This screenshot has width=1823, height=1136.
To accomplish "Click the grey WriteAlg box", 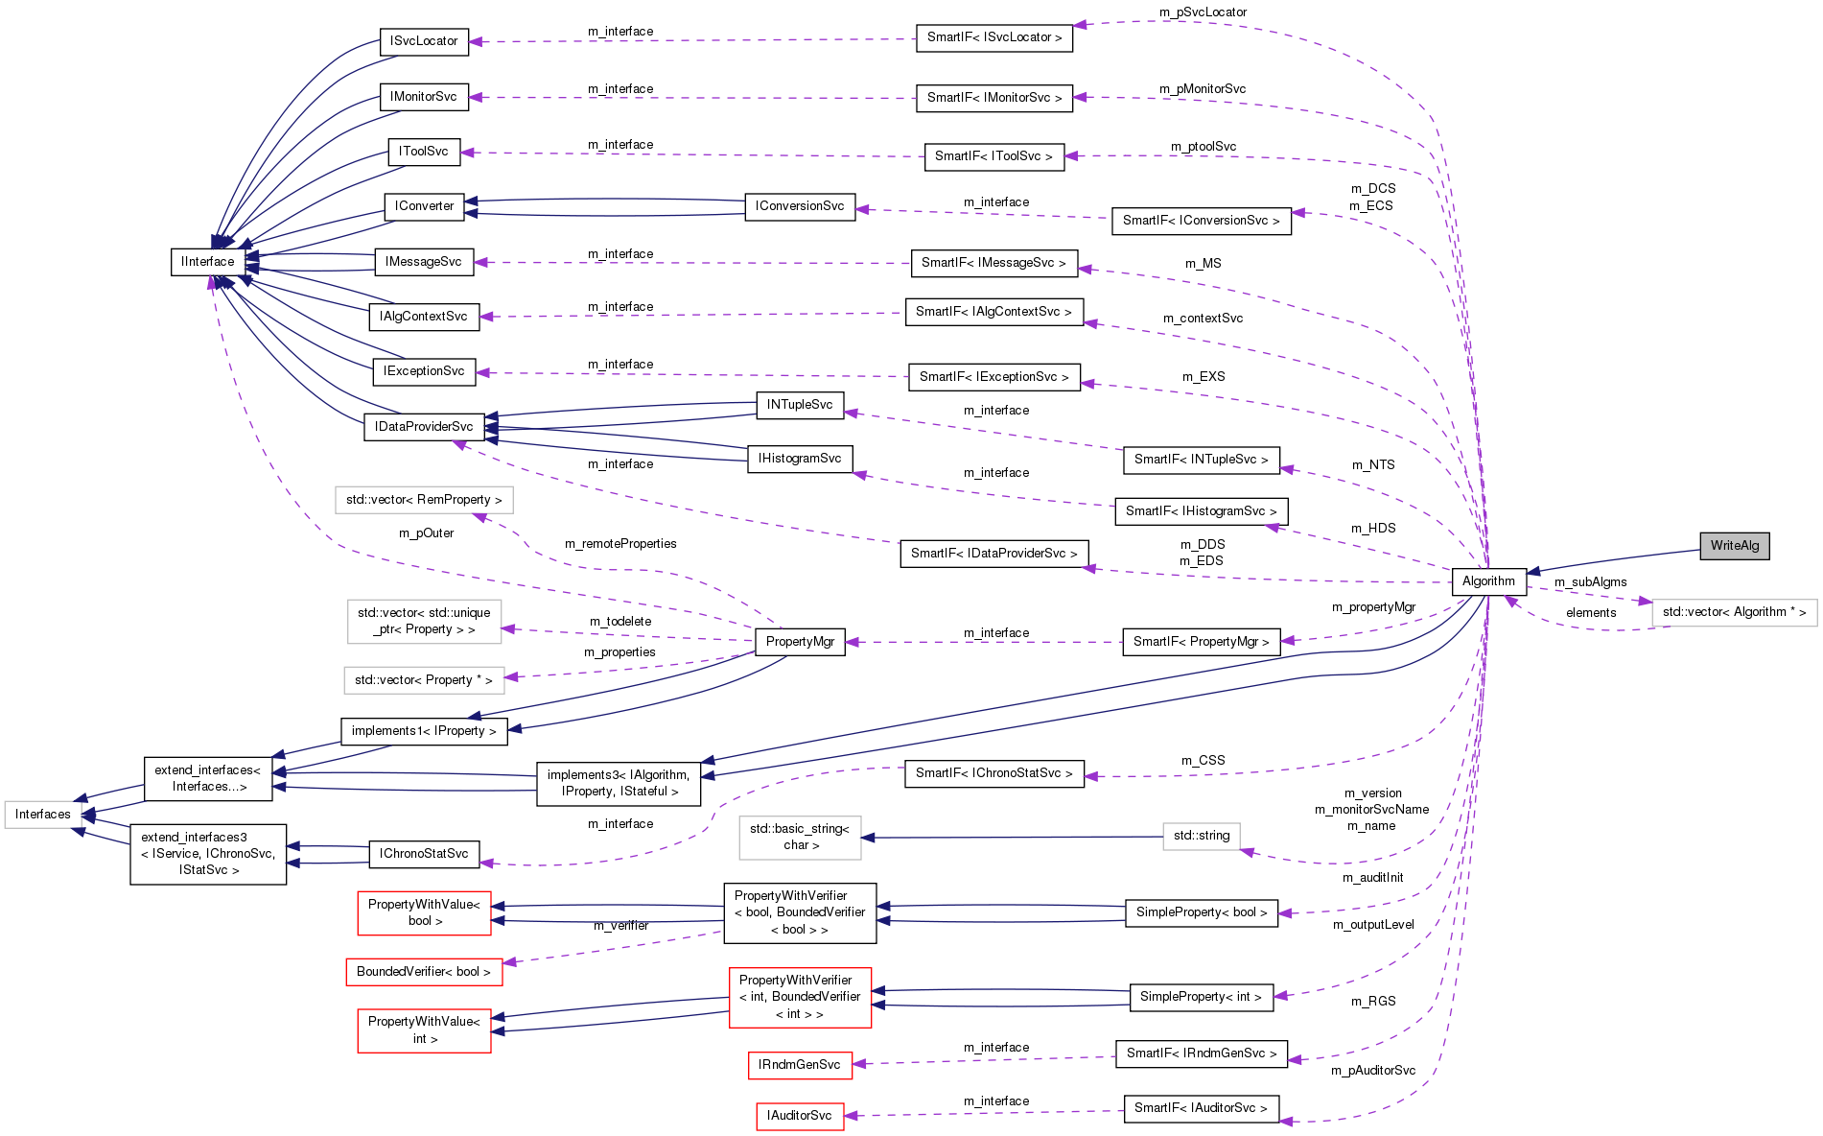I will [1734, 546].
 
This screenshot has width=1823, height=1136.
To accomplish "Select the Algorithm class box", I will [1488, 581].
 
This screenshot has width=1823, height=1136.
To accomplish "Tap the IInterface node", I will [207, 262].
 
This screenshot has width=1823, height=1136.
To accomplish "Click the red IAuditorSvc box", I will [799, 1116].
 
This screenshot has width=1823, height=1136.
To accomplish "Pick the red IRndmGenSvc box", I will [799, 1065].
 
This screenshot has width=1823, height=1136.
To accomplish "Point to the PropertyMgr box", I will [800, 642].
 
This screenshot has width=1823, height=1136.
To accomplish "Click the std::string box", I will [1201, 836].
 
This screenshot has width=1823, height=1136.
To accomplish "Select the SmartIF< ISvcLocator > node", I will [993, 37].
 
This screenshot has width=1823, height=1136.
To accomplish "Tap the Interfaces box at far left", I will [43, 815].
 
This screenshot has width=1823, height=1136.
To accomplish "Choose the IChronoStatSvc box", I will [424, 854].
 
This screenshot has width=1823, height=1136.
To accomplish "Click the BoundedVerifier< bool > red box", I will [423, 972].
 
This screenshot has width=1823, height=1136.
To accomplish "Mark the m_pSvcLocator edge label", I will [1203, 12].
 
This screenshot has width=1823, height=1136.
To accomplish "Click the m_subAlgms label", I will [1590, 582].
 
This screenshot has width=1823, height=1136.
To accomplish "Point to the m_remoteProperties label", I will [620, 544].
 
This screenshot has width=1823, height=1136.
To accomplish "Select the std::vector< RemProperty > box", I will [424, 500].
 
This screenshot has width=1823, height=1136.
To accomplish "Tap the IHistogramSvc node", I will [799, 459].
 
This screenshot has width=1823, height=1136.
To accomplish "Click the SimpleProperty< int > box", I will [1201, 997].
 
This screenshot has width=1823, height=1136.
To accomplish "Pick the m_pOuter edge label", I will [426, 533].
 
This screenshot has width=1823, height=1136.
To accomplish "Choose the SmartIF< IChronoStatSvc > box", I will [993, 773].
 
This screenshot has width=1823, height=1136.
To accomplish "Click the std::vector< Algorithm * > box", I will [1734, 612].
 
